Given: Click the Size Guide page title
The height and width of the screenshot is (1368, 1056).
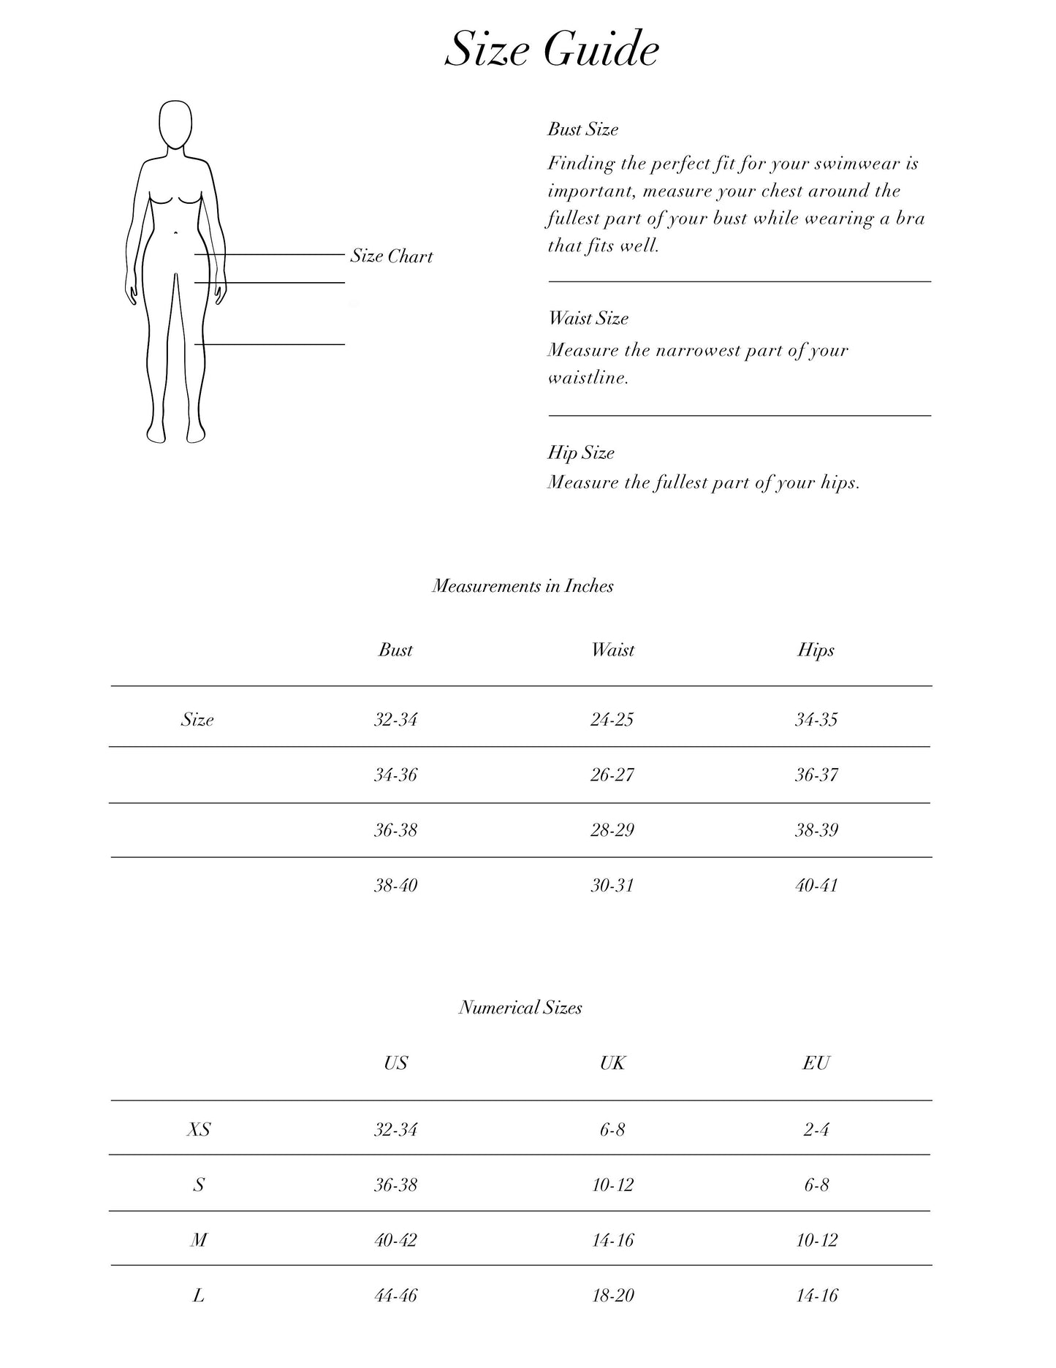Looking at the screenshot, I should [x=552, y=50].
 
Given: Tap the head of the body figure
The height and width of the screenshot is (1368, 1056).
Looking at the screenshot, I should [x=175, y=123].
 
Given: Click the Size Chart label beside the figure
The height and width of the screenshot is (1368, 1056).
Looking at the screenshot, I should [x=392, y=256].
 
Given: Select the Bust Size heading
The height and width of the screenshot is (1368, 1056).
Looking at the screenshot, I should [x=582, y=129].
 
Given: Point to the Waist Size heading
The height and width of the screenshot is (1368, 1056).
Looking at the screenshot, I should [x=588, y=318].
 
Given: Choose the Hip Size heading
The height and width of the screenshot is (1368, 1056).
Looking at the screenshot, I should [x=581, y=452].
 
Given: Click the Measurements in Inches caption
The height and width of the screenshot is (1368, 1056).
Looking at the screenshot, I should [x=523, y=585].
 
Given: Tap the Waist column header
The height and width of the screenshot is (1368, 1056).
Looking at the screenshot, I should [x=612, y=650].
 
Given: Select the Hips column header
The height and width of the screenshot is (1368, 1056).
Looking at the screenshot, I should [x=816, y=650].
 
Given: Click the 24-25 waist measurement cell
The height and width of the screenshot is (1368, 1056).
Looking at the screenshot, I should [x=612, y=720].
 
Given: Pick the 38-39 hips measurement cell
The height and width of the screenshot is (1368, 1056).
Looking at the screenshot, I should [x=816, y=830].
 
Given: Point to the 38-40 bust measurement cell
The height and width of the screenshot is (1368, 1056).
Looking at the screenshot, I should [x=395, y=886].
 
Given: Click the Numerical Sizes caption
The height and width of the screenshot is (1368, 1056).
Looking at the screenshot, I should [x=520, y=1008].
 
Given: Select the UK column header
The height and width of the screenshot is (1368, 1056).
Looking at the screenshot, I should [x=612, y=1063].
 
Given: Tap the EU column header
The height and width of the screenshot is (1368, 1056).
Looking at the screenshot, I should [x=816, y=1063].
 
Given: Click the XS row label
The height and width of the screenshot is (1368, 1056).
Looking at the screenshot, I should [x=198, y=1130].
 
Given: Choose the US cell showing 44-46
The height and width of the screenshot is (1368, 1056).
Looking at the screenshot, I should [x=395, y=1296].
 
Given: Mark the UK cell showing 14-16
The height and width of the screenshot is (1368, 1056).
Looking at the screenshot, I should [x=612, y=1240].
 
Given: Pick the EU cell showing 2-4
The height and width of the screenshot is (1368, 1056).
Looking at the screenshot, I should [x=816, y=1130].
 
